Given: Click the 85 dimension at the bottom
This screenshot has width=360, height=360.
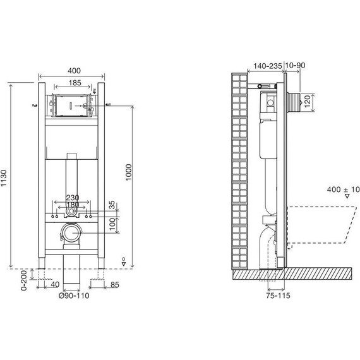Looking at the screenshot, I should [114, 285].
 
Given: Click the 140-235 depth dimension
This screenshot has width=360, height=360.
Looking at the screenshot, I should [267, 65].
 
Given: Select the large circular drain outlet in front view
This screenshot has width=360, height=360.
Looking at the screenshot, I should [71, 234].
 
